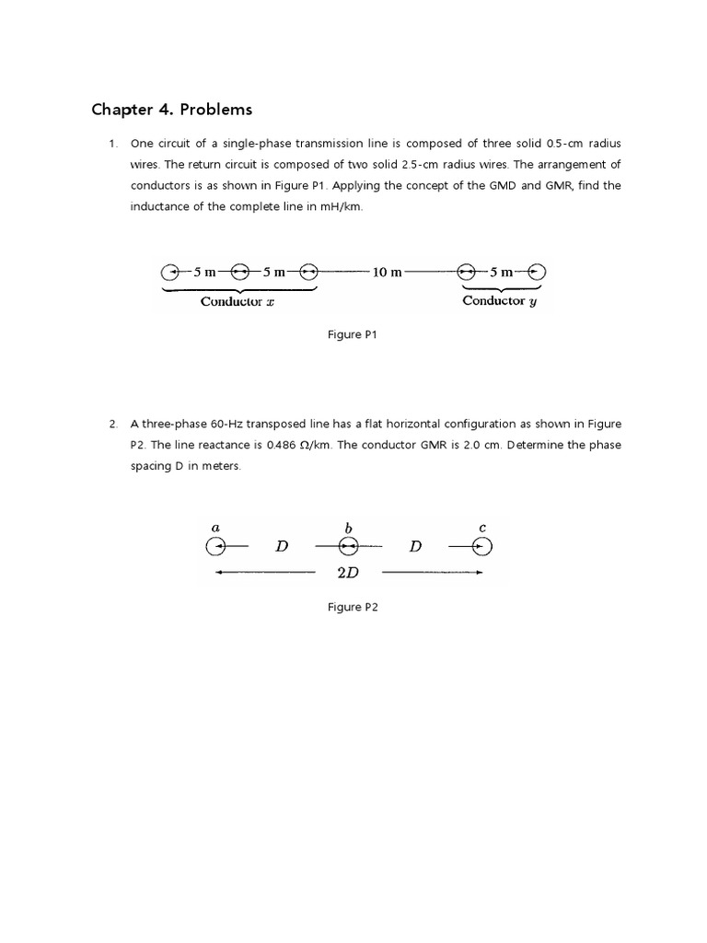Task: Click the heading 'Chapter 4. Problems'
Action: point(171,111)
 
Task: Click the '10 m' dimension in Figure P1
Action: point(387,273)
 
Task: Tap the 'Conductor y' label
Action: point(499,301)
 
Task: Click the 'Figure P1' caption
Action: point(353,335)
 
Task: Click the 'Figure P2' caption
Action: point(353,608)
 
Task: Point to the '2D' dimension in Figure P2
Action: point(348,573)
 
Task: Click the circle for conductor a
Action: point(215,547)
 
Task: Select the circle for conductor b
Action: point(348,547)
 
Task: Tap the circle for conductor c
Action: point(482,547)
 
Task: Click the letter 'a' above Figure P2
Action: point(215,528)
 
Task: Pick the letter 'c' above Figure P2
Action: point(482,528)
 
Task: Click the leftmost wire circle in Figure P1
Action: point(169,273)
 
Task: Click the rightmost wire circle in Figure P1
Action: point(537,273)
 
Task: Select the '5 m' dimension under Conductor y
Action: point(501,273)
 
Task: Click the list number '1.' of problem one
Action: point(113,144)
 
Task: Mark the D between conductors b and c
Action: point(415,547)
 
